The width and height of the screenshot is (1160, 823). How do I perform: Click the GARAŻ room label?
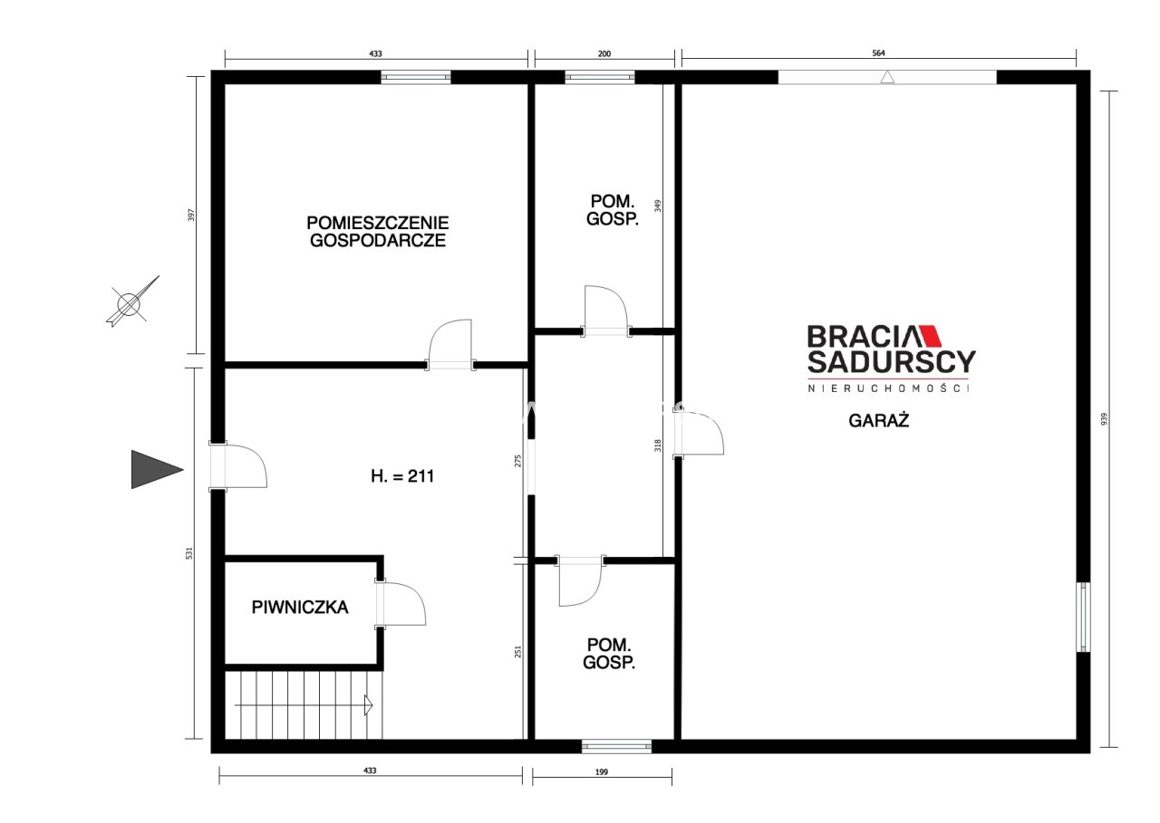[x=878, y=420]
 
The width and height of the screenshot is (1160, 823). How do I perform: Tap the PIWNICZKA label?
[x=300, y=608]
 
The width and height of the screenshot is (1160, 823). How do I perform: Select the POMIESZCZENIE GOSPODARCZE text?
[x=378, y=231]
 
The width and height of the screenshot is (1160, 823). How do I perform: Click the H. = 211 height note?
[x=402, y=476]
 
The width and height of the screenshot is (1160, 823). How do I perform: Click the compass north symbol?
[x=131, y=301]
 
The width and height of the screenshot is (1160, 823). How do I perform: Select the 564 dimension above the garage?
[x=878, y=53]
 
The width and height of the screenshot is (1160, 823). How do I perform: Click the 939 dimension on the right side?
[x=1104, y=418]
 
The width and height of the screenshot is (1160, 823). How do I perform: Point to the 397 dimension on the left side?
[x=191, y=215]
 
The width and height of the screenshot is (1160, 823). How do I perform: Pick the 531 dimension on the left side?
[x=189, y=553]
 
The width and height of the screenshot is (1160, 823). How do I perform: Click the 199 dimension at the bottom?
[x=601, y=772]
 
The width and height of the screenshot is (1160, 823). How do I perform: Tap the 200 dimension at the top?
[x=604, y=53]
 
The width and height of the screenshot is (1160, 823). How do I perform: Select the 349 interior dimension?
[x=658, y=206]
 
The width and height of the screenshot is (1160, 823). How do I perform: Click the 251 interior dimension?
[x=517, y=651]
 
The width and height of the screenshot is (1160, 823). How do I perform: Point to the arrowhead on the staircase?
[x=368, y=704]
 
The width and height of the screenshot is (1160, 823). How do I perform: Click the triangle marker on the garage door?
[x=887, y=77]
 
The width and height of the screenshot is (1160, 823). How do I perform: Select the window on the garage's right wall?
[x=1083, y=617]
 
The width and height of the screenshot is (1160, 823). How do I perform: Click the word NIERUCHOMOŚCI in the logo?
[x=888, y=388]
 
